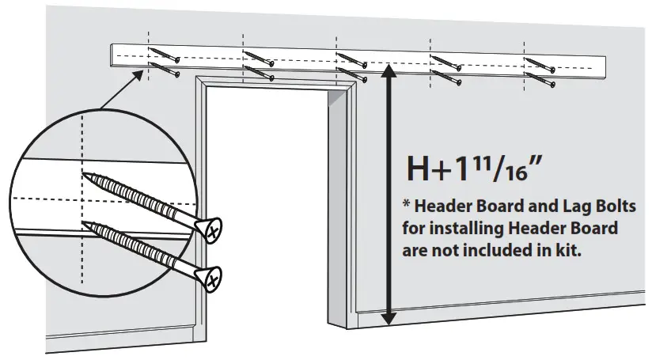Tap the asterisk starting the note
click(407, 205)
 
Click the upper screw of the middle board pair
click(352, 59)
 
